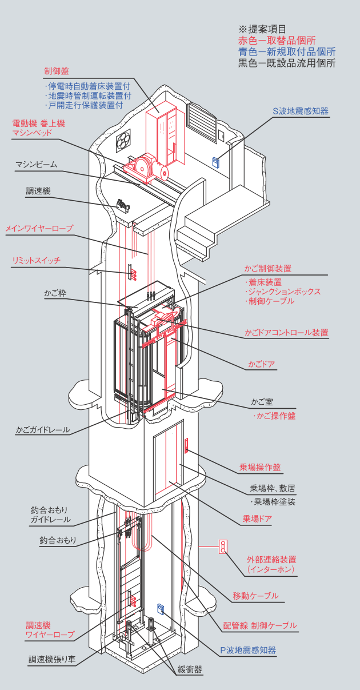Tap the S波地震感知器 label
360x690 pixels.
(x=301, y=111)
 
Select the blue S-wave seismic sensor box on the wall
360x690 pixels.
(x=217, y=161)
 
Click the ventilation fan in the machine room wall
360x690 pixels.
(x=124, y=141)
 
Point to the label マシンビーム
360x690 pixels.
(x=36, y=165)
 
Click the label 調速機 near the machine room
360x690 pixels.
(x=38, y=191)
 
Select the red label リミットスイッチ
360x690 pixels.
(x=36, y=261)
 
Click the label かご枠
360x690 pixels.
(x=55, y=293)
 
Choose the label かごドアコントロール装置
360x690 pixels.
(x=286, y=332)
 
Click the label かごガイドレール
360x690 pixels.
(x=43, y=429)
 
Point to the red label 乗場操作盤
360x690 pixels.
(x=260, y=467)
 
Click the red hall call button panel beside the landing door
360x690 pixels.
(x=187, y=445)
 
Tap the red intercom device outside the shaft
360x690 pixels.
(x=223, y=547)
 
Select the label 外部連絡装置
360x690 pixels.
(x=271, y=560)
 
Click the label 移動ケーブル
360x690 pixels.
(x=255, y=596)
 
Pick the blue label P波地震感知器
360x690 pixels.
(x=248, y=650)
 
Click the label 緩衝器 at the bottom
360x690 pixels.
(x=190, y=669)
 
